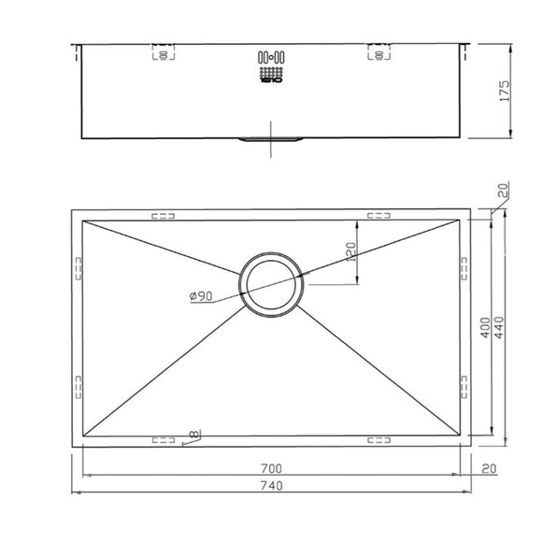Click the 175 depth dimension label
(x=506, y=91)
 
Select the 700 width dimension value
(x=272, y=467)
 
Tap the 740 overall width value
(x=272, y=486)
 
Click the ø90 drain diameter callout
(x=201, y=296)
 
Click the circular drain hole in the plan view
(x=271, y=284)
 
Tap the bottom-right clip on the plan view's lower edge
(x=379, y=437)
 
